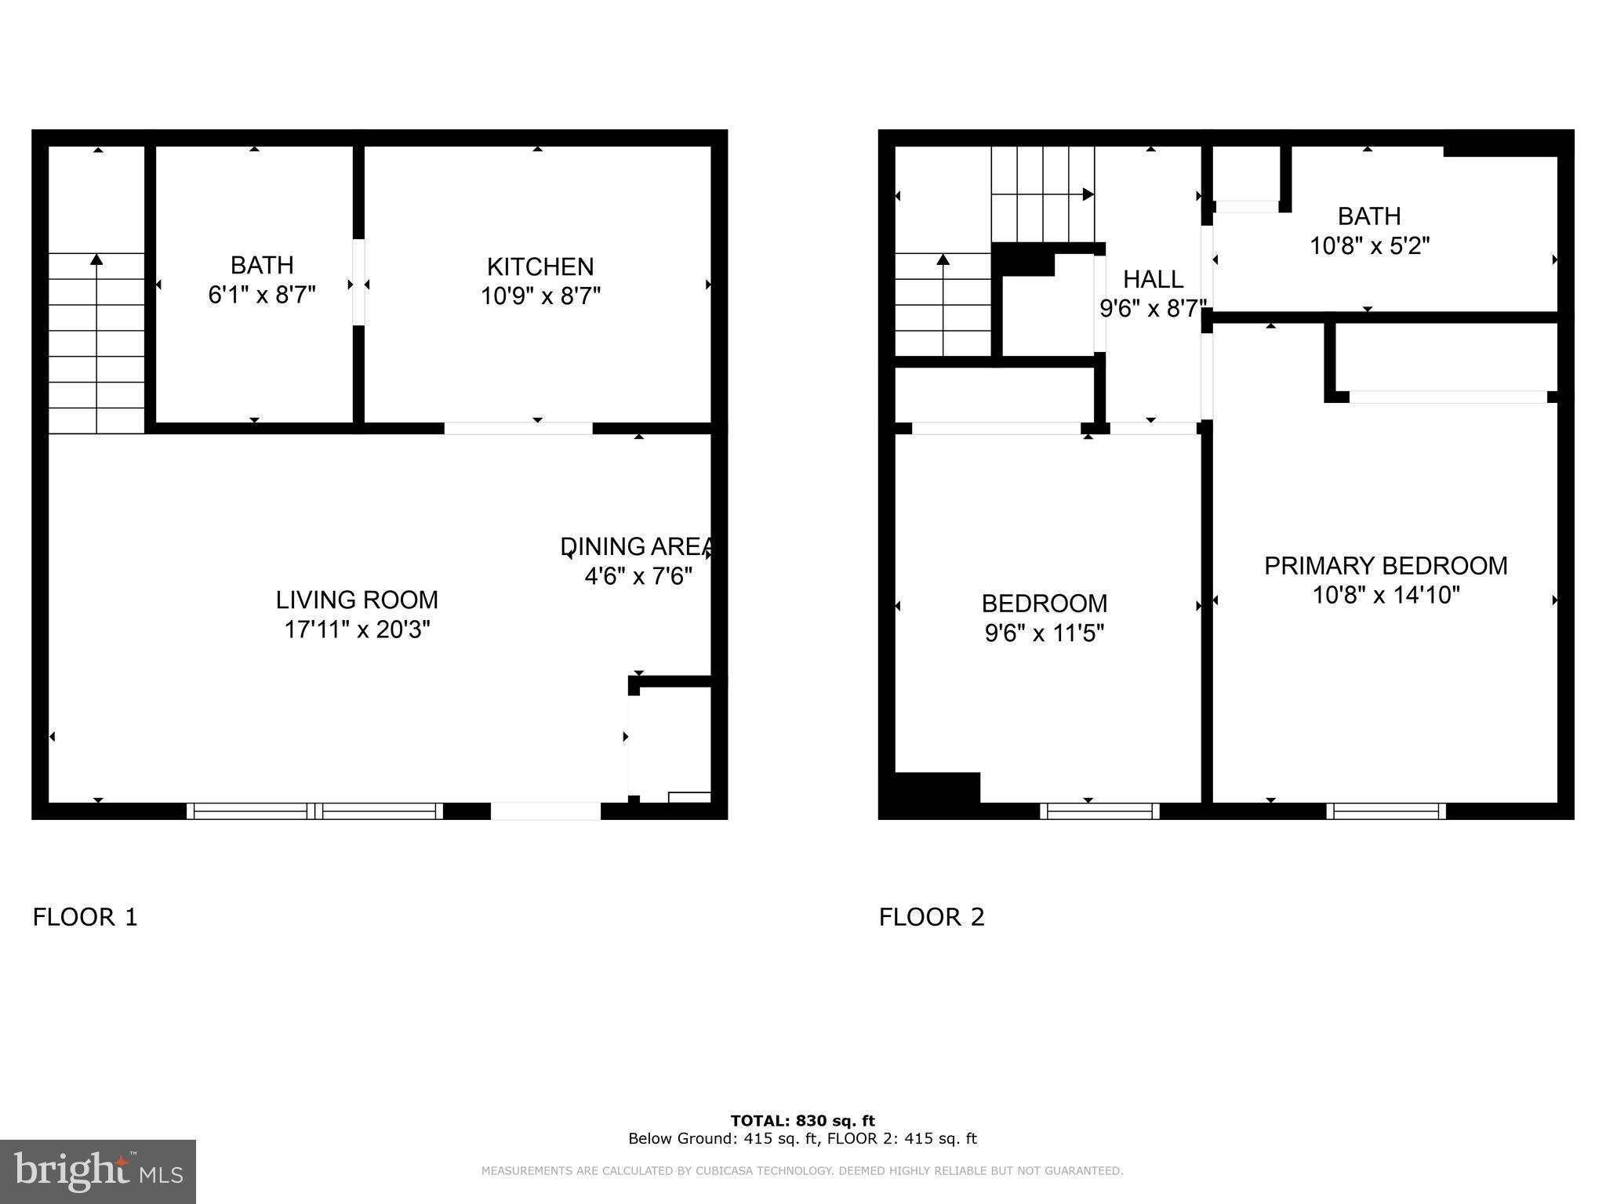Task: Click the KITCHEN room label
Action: [x=540, y=267]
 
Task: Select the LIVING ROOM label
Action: [x=357, y=600]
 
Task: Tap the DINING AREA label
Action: [x=637, y=546]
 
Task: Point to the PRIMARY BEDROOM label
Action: [x=1386, y=565]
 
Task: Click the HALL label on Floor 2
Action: [x=1153, y=279]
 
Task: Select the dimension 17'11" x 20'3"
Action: [x=357, y=629]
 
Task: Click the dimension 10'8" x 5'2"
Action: [x=1369, y=246]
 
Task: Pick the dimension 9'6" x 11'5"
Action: [x=1044, y=633]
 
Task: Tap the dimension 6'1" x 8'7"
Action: [x=261, y=296]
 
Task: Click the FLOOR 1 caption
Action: [x=85, y=916]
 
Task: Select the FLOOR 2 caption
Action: [x=931, y=916]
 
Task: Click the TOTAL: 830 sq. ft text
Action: [x=802, y=1121]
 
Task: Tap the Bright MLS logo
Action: [x=98, y=1172]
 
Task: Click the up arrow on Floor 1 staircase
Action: [x=96, y=259]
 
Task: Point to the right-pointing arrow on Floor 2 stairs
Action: [x=1088, y=194]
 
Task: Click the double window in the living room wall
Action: [x=314, y=811]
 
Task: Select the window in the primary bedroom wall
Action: [x=1386, y=811]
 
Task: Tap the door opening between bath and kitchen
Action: [x=358, y=282]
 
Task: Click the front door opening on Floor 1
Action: [x=546, y=811]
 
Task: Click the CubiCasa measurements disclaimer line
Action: [x=802, y=1171]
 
